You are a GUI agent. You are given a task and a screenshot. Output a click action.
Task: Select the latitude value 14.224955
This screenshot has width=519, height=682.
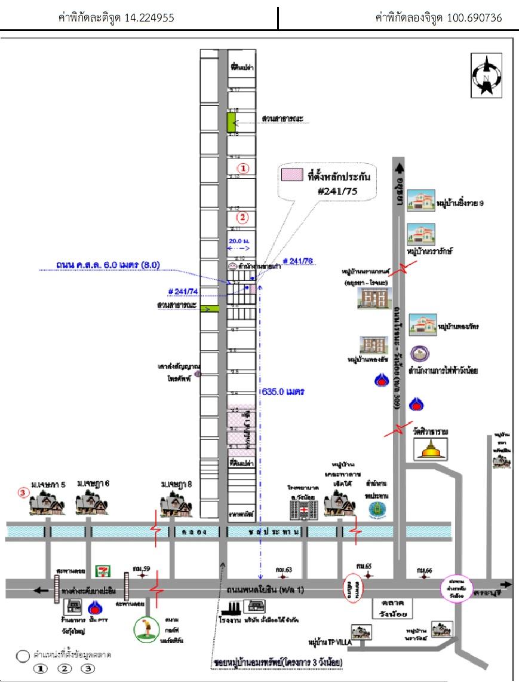[x=149, y=18]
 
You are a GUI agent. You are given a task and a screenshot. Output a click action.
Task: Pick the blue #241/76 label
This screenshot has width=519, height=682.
[x=298, y=261]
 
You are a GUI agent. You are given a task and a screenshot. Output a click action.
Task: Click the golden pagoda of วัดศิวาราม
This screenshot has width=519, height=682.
[x=429, y=449]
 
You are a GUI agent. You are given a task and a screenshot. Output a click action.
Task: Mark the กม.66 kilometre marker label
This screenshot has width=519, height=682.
[x=424, y=569]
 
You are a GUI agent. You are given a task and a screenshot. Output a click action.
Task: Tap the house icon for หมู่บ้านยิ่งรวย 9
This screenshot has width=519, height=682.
[x=420, y=202]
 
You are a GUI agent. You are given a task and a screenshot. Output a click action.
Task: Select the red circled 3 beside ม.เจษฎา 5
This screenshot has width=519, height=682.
[x=23, y=493]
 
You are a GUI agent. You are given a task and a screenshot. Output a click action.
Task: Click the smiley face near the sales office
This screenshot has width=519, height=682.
[x=231, y=265]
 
